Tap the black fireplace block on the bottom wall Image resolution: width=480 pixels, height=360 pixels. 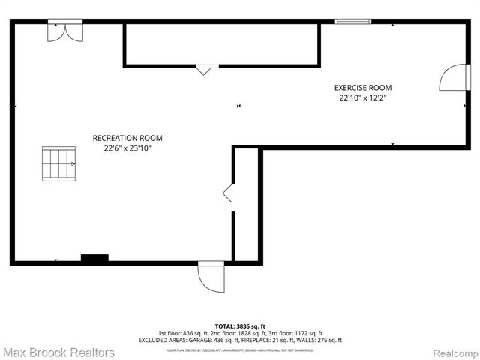tap(94, 258)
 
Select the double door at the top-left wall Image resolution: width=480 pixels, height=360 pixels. tap(62, 30)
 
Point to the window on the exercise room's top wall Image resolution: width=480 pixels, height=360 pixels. tap(353, 22)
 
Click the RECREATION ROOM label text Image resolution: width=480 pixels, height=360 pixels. tap(127, 138)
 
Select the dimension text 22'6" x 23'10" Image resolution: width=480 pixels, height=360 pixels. tap(127, 148)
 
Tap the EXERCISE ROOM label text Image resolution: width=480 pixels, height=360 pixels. tap(363, 88)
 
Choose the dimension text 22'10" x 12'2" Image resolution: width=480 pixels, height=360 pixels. tap(363, 98)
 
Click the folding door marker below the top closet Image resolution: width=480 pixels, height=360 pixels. tap(204, 70)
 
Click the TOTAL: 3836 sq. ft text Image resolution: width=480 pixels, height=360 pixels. tap(239, 325)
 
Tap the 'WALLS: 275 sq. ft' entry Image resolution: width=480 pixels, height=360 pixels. tap(303, 340)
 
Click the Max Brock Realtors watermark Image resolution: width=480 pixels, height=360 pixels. tap(58, 352)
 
